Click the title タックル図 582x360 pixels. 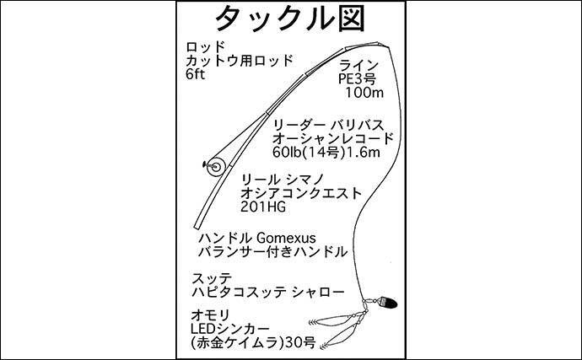pyautogui.click(x=290, y=19)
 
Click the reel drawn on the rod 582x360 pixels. pyautogui.click(x=216, y=166)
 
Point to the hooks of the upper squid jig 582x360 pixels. pyautogui.click(x=313, y=321)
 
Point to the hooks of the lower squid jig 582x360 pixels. pyautogui.click(x=322, y=346)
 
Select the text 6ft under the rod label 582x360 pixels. pyautogui.click(x=195, y=74)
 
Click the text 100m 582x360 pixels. pyautogui.click(x=364, y=93)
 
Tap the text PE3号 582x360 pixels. pyautogui.click(x=357, y=78)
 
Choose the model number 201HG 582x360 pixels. pyautogui.click(x=263, y=207)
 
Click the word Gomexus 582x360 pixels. pyautogui.click(x=286, y=238)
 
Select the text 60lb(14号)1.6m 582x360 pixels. pyautogui.click(x=326, y=152)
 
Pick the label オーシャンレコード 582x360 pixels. pyautogui.click(x=333, y=138)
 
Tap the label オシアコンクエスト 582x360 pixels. pyautogui.click(x=301, y=193)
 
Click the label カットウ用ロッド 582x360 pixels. pyautogui.click(x=240, y=61)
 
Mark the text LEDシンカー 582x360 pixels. pyautogui.click(x=229, y=329)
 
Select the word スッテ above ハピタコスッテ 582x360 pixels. pyautogui.click(x=212, y=278)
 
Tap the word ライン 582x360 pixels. pyautogui.click(x=358, y=65)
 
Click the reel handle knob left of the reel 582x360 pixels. pyautogui.click(x=204, y=164)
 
